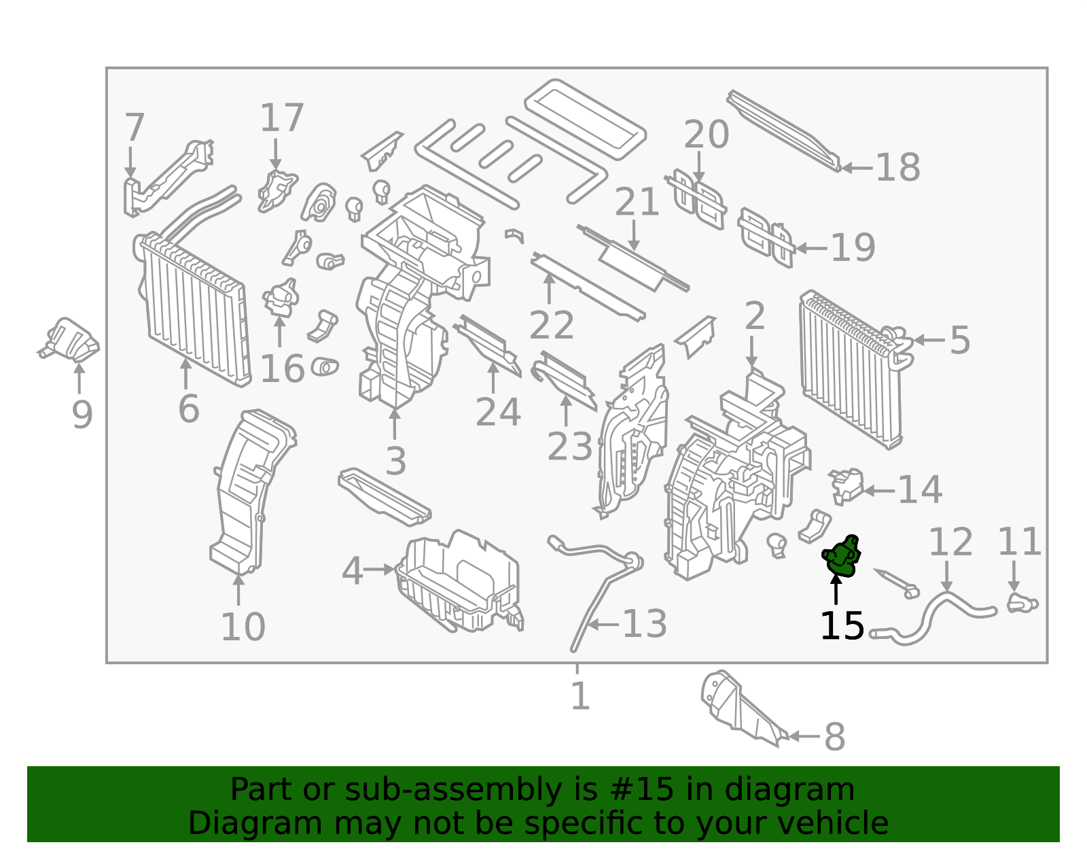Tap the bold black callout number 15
pyautogui.click(x=842, y=626)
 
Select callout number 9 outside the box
pyautogui.click(x=82, y=415)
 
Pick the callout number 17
pyautogui.click(x=281, y=118)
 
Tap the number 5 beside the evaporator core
pyautogui.click(x=959, y=340)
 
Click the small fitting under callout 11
pyautogui.click(x=1020, y=602)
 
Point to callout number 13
pyautogui.click(x=644, y=624)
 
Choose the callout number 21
pyautogui.click(x=637, y=203)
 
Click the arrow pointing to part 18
pyautogui.click(x=857, y=168)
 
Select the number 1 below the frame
pyautogui.click(x=580, y=696)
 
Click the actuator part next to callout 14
pyautogui.click(x=847, y=485)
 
